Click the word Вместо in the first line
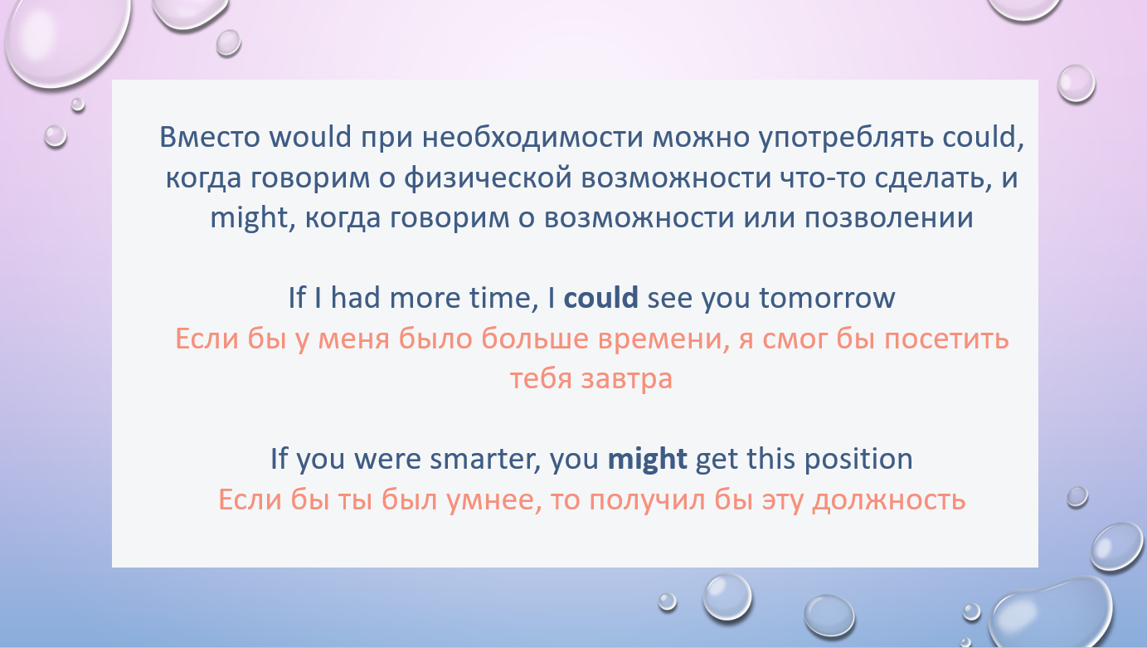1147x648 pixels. click(x=210, y=137)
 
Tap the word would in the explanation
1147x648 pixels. click(x=310, y=137)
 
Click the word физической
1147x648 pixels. click(x=488, y=178)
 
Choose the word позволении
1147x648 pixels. click(x=888, y=217)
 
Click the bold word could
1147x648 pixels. click(x=600, y=298)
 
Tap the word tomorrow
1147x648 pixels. click(x=827, y=298)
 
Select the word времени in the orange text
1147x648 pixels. click(x=663, y=339)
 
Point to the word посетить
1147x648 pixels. click(x=947, y=339)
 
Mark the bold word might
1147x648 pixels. click(x=647, y=459)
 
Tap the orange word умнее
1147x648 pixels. click(x=494, y=499)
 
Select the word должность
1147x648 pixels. click(x=888, y=500)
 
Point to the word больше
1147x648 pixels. click(x=535, y=339)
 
